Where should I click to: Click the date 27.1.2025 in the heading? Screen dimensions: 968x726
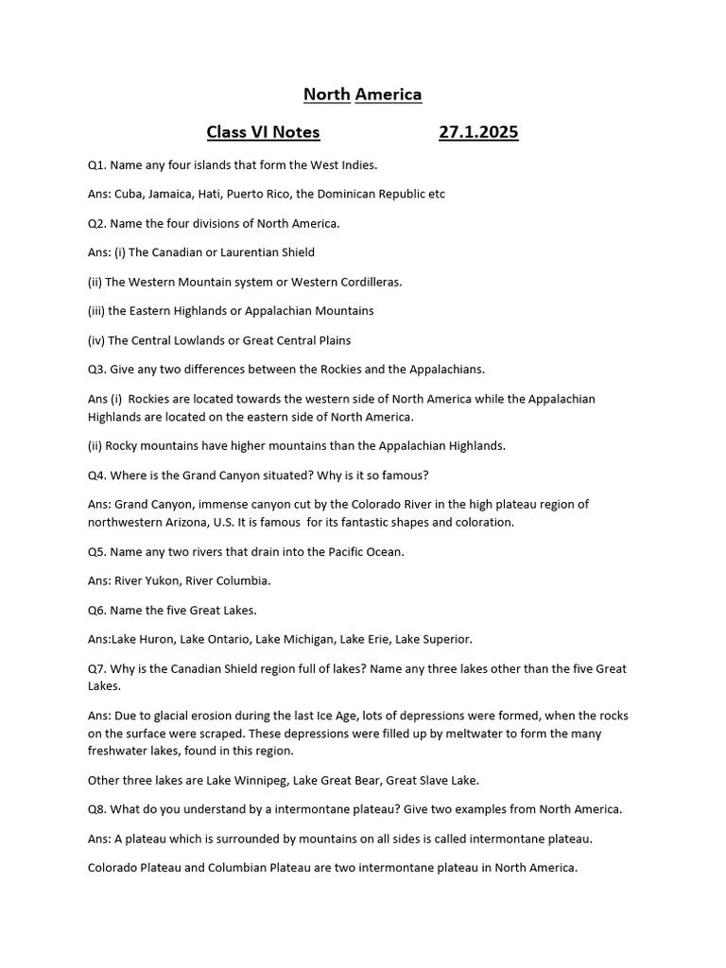pyautogui.click(x=478, y=132)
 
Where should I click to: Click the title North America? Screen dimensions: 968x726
pyautogui.click(x=362, y=94)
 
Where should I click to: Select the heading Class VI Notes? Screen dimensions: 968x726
pyautogui.click(x=263, y=132)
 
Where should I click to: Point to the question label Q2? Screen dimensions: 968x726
pyautogui.click(x=96, y=223)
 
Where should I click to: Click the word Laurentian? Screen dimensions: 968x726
pyautogui.click(x=268, y=252)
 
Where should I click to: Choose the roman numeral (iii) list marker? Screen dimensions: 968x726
pyautogui.click(x=97, y=310)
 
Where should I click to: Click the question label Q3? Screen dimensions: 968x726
pyautogui.click(x=96, y=369)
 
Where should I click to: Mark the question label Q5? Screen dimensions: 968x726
pyautogui.click(x=96, y=551)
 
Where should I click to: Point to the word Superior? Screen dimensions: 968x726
pyautogui.click(x=443, y=639)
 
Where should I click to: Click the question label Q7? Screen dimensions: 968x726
pyautogui.click(x=96, y=668)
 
